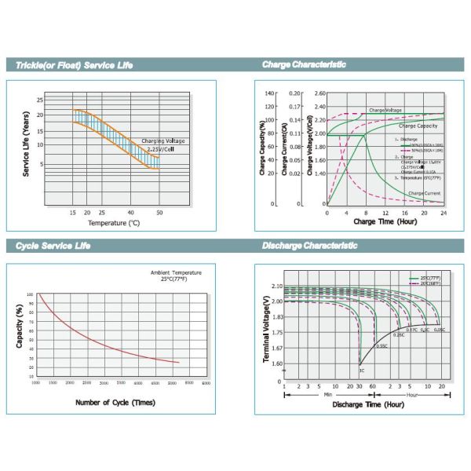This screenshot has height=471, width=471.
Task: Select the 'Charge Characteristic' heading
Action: (x=304, y=64)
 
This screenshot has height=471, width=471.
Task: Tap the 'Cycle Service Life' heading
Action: (x=53, y=246)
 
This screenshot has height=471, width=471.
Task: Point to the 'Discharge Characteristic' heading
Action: (x=309, y=246)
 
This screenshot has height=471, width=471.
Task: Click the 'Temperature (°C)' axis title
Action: (x=114, y=224)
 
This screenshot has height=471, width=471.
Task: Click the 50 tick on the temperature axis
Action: (x=159, y=213)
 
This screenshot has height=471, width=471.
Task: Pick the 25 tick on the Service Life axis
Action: (x=39, y=100)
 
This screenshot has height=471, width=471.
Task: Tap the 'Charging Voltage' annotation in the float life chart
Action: (x=164, y=142)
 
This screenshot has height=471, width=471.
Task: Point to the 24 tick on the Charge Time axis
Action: (x=443, y=212)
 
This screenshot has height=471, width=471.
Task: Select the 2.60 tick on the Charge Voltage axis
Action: (x=319, y=93)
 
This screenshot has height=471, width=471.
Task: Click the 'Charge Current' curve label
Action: (x=424, y=193)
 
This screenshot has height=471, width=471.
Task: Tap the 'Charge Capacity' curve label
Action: (x=418, y=126)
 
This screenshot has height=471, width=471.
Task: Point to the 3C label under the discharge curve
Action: (x=361, y=370)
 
